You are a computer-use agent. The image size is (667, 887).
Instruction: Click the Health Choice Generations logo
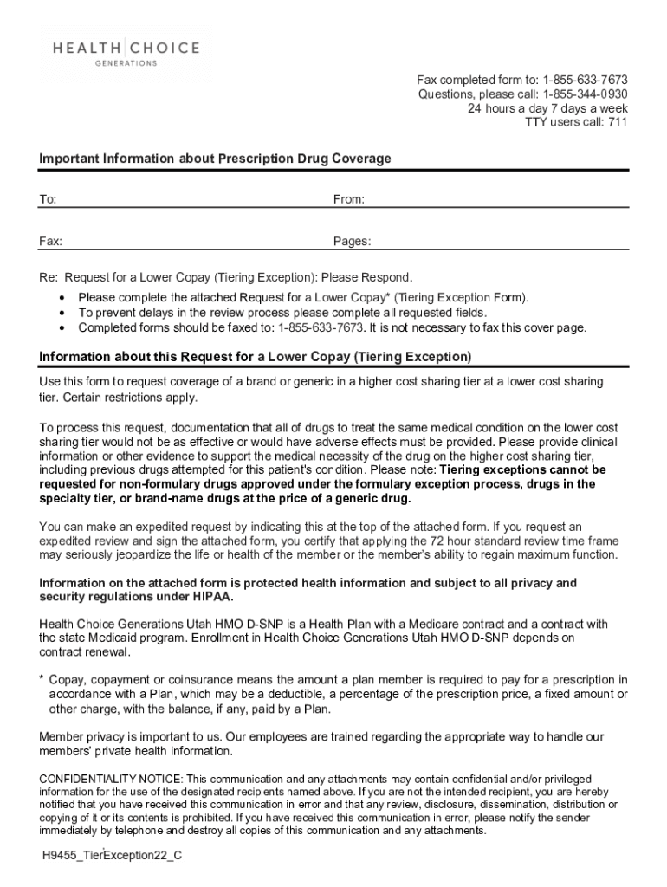tap(126, 53)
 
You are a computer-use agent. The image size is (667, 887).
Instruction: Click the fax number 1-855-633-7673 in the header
tap(585, 80)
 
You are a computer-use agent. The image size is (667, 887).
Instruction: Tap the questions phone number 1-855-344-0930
tap(585, 94)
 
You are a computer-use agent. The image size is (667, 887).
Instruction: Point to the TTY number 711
tap(618, 122)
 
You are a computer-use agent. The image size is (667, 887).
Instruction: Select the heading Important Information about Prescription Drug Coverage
tap(215, 159)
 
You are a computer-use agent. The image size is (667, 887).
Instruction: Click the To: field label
tap(48, 200)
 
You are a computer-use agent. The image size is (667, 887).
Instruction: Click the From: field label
tap(349, 200)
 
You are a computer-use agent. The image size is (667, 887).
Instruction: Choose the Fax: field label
tap(50, 242)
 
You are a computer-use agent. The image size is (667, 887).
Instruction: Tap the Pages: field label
tap(352, 242)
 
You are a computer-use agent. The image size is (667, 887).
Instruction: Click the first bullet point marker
tap(62, 298)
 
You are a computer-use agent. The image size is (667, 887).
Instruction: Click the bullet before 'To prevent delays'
tap(62, 313)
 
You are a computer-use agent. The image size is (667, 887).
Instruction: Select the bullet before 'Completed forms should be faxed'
tap(62, 328)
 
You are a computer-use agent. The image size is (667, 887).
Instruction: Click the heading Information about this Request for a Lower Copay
tap(256, 357)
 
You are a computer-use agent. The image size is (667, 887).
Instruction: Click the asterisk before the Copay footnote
tap(42, 681)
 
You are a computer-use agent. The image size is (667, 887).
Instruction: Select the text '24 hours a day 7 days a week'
tap(547, 108)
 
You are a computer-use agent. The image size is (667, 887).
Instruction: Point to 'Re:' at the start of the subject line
tap(49, 278)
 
